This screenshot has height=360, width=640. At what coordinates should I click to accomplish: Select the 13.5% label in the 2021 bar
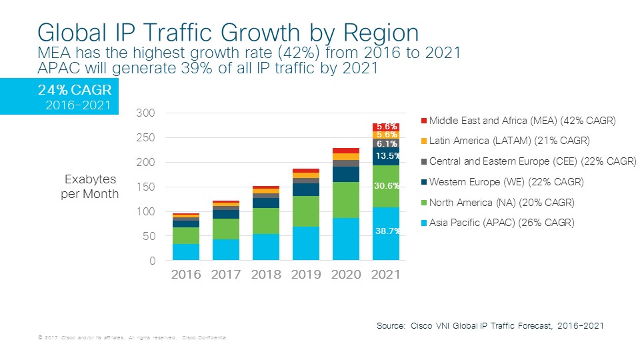[x=387, y=156]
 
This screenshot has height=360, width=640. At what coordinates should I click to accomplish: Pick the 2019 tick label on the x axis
[x=306, y=274]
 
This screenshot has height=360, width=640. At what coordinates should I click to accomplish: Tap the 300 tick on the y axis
[x=146, y=113]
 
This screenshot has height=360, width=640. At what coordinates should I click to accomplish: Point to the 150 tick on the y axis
[x=146, y=187]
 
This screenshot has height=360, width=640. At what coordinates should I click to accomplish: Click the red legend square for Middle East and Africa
[x=424, y=121]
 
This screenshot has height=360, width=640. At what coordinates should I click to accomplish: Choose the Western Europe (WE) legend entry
[x=506, y=181]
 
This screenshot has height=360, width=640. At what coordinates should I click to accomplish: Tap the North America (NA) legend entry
[x=501, y=202]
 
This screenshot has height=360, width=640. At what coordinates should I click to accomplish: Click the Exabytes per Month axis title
[x=91, y=187]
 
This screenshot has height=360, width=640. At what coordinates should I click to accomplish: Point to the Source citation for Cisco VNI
[x=490, y=325]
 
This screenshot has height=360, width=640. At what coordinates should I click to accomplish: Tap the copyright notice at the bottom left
[x=132, y=339]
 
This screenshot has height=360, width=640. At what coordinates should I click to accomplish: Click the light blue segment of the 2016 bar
[x=185, y=252]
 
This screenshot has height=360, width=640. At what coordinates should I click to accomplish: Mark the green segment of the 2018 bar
[x=266, y=221]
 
